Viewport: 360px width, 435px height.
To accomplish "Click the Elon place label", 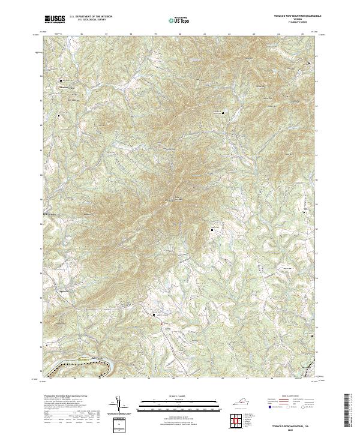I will [161, 329].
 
